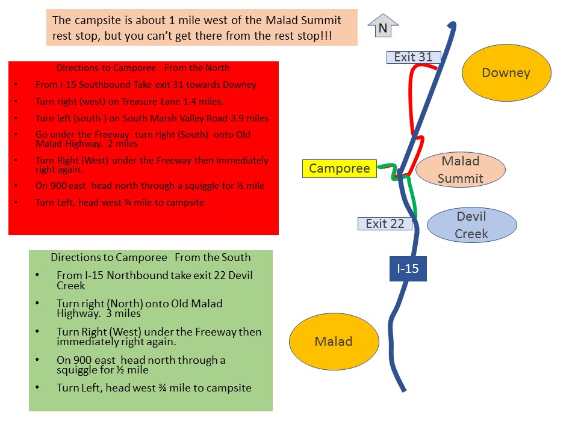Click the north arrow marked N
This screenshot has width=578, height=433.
click(x=383, y=26)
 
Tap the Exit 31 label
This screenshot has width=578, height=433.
click(x=414, y=57)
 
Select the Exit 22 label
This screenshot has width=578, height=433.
click(x=385, y=224)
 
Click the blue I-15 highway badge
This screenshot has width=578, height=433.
click(x=408, y=268)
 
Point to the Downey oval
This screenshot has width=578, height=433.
click(x=506, y=73)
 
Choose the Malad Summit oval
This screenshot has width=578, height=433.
click(x=461, y=170)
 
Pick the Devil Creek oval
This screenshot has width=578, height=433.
click(x=471, y=225)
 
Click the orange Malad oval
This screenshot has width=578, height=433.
click(x=334, y=342)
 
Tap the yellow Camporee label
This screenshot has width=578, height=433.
click(x=339, y=169)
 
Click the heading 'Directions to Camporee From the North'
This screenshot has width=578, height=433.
click(x=143, y=68)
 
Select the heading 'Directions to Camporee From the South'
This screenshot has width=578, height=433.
click(x=151, y=257)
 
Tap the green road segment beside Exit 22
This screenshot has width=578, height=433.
click(x=413, y=198)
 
